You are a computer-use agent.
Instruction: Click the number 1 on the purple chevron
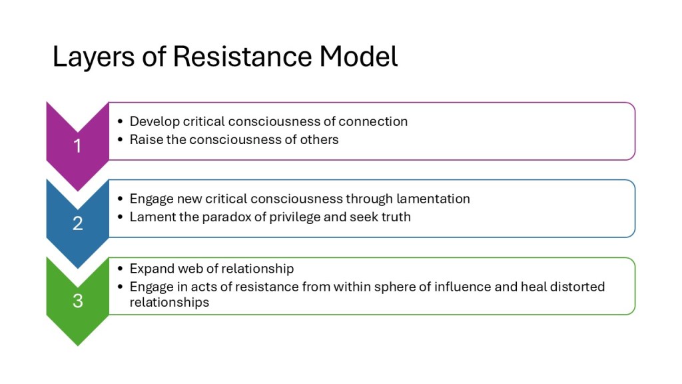pos(77,146)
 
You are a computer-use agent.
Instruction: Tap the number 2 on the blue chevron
pos(77,223)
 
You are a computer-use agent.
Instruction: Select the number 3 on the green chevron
pos(77,301)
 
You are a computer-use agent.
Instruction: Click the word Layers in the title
pos(93,57)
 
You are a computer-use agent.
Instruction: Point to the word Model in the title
pos(358,57)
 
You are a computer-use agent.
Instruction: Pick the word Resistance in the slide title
pos(242,57)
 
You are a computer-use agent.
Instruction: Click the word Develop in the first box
pos(155,122)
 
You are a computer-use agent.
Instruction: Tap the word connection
pos(373,121)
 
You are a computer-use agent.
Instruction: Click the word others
pos(319,140)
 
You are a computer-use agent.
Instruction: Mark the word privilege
pos(295,217)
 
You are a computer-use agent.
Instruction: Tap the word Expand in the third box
pos(151,269)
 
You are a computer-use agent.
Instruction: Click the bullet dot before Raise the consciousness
pos(121,140)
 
